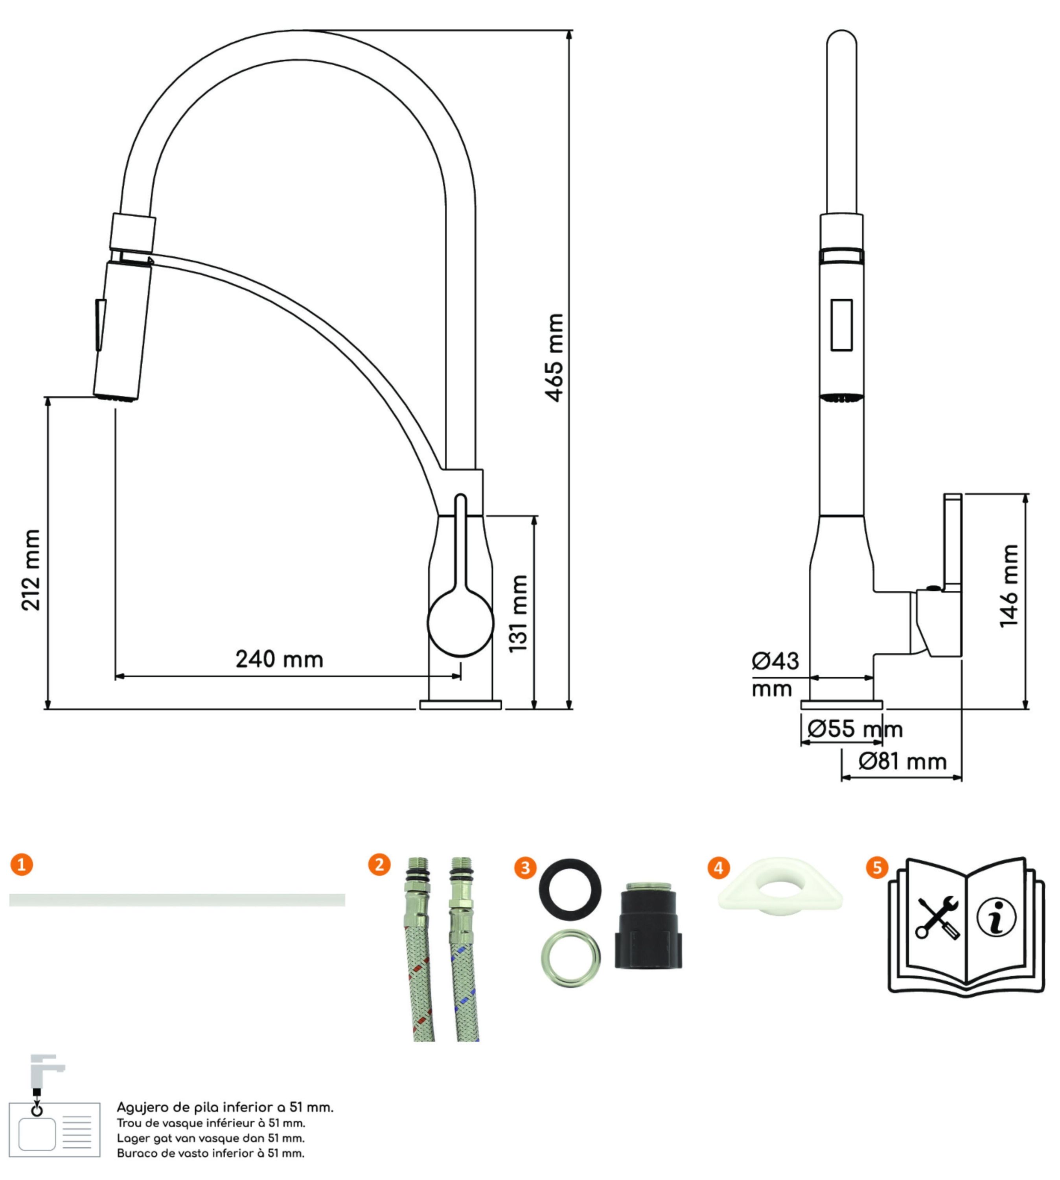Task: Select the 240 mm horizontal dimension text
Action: tap(279, 659)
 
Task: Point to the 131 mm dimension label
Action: tap(518, 613)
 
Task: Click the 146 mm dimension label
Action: tap(1009, 586)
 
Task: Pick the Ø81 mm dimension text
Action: tap(902, 761)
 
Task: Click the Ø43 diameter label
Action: tap(775, 661)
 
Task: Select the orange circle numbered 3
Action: tap(525, 868)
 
